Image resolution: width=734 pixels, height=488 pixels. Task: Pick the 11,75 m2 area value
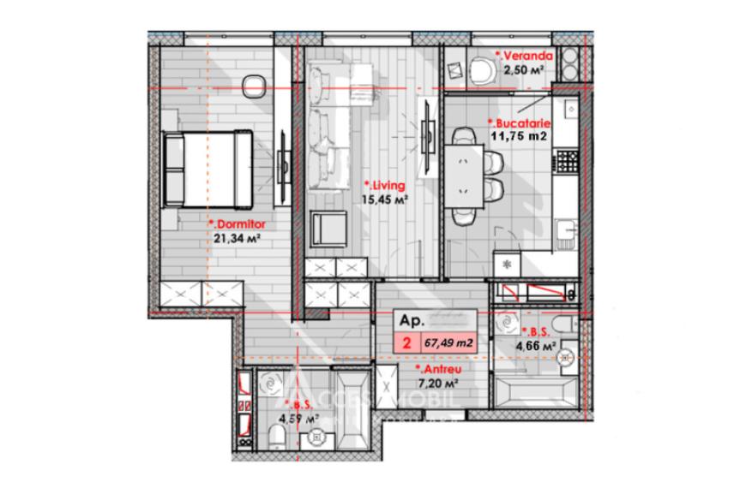tap(520, 134)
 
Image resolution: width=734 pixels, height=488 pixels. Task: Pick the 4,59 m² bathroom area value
tap(298, 420)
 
